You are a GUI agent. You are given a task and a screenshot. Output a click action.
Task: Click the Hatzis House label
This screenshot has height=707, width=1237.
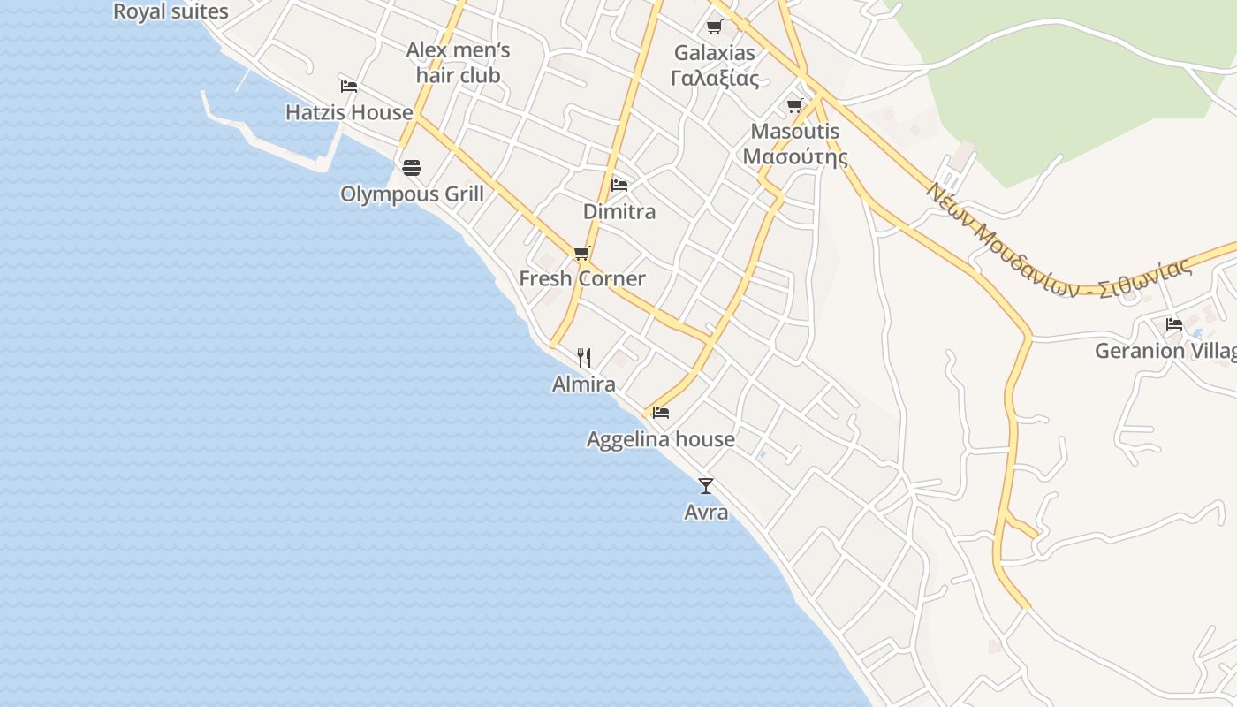[x=349, y=112]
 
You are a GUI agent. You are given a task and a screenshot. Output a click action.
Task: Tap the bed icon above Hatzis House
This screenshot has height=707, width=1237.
[x=349, y=86]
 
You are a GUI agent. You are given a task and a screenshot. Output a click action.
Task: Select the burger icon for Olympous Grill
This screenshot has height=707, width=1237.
[x=412, y=167]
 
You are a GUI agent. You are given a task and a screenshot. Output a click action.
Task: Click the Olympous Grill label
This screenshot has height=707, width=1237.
[x=412, y=194]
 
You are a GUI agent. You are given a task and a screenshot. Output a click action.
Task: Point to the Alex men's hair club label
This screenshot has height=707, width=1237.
[x=458, y=63]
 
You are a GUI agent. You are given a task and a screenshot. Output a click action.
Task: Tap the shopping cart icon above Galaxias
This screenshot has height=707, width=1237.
[x=714, y=27]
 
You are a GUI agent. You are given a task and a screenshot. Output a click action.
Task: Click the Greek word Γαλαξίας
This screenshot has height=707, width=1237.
[x=715, y=78]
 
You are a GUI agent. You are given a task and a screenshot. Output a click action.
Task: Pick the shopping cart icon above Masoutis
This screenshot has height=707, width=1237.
[x=795, y=106]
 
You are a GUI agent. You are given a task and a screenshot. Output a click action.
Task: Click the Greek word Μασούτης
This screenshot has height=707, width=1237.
[x=795, y=157]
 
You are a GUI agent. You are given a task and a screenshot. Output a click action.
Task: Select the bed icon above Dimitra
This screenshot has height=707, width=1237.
[x=619, y=186]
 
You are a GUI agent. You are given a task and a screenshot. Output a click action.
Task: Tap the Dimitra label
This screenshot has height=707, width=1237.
[x=619, y=211]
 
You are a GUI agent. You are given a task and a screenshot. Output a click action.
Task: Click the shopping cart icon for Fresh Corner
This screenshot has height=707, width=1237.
[x=581, y=254]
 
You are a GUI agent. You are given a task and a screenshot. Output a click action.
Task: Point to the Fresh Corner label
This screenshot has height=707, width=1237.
[x=581, y=279]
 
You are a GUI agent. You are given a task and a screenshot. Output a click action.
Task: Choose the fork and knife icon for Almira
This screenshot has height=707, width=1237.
[x=583, y=357]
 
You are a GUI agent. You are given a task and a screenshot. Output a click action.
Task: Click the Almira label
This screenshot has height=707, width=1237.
[x=583, y=384]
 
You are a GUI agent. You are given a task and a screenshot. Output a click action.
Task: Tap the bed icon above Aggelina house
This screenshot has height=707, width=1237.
[x=661, y=412]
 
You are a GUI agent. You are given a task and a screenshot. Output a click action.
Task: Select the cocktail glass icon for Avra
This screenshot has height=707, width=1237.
[x=706, y=485]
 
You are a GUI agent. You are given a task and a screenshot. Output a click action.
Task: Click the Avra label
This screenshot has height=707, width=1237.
[x=706, y=512]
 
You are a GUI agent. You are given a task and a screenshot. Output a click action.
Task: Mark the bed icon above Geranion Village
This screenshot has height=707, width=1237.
[x=1174, y=324]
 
